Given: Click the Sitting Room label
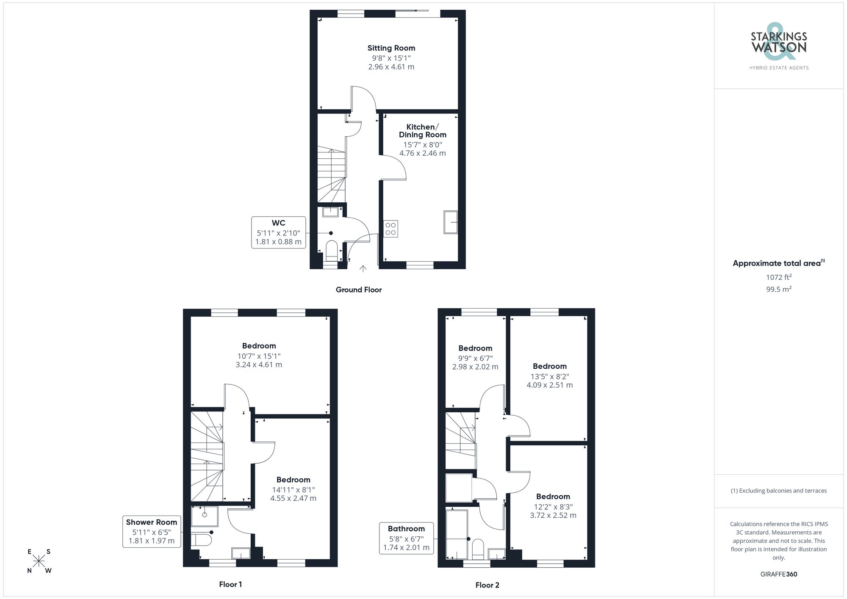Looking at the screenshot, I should [391, 48].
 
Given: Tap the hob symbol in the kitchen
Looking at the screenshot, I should [390, 229].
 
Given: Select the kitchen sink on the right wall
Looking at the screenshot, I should [451, 222].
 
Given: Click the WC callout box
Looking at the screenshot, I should [278, 232].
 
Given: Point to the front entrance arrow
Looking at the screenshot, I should [363, 268].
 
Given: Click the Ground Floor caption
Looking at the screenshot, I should [358, 290].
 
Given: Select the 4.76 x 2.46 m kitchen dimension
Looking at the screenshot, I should [422, 153].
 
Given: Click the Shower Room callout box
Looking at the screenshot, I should [151, 531].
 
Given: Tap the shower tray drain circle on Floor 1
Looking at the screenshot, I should [205, 515].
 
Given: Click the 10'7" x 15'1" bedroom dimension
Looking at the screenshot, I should [259, 356].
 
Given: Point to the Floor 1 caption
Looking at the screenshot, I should [230, 584].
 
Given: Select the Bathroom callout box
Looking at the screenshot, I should [406, 538].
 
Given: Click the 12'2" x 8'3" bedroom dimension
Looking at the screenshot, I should [553, 507].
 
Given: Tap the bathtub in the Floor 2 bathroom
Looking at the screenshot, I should [457, 535].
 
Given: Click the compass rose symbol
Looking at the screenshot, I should [39, 561].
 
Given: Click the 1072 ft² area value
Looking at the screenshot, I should [778, 277].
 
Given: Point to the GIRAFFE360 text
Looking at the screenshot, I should [778, 574].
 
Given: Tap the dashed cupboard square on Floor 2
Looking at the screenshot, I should [459, 488].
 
